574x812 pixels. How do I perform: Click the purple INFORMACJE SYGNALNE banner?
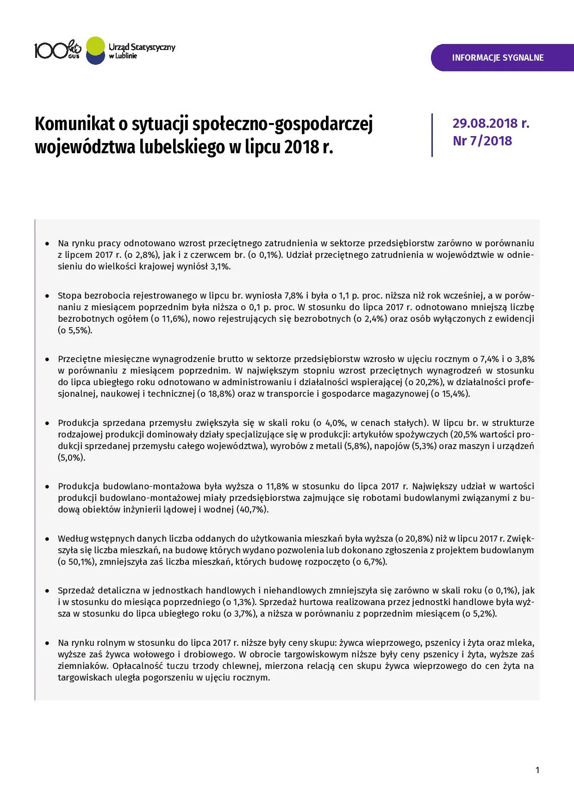(x=498, y=58)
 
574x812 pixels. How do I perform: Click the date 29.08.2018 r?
(x=491, y=123)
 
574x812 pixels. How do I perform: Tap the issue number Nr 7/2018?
(x=482, y=141)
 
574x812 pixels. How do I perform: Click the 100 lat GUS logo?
(x=58, y=50)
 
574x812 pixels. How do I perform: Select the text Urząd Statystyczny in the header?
(x=142, y=47)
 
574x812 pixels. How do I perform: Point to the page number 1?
(x=537, y=770)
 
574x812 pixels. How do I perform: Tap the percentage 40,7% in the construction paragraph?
(x=252, y=510)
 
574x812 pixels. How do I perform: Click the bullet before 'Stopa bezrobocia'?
(x=47, y=295)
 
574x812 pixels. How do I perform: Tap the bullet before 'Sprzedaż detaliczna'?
(x=47, y=591)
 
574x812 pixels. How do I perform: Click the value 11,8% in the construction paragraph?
(x=277, y=487)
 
